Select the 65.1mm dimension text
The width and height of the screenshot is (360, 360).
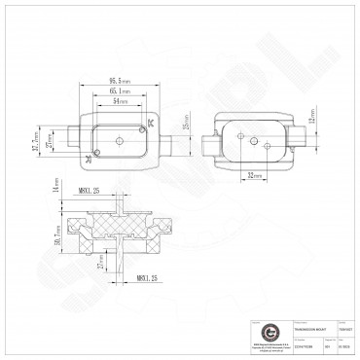[x=119, y=90]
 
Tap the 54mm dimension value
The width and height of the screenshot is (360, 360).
[x=119, y=100]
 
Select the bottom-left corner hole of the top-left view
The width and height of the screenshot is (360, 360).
[x=90, y=157]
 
